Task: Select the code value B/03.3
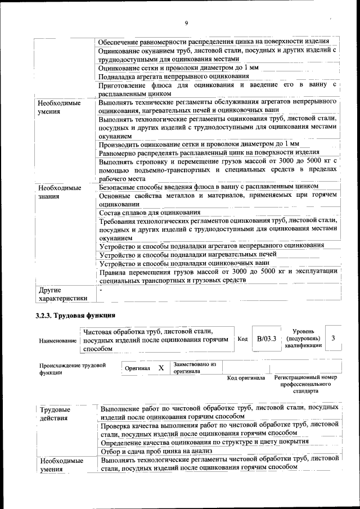pyautogui.click(x=266, y=339)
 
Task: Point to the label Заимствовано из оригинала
pyautogui.click(x=195, y=367)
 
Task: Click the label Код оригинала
pyautogui.click(x=246, y=378)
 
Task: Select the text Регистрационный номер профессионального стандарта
pyautogui.click(x=305, y=384)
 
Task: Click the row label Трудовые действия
pyautogui.click(x=55, y=413)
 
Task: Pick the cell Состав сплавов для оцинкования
pyautogui.click(x=150, y=213)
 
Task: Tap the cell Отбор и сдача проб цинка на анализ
pyautogui.click(x=155, y=451)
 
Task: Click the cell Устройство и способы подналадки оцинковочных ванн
pyautogui.click(x=180, y=263)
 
